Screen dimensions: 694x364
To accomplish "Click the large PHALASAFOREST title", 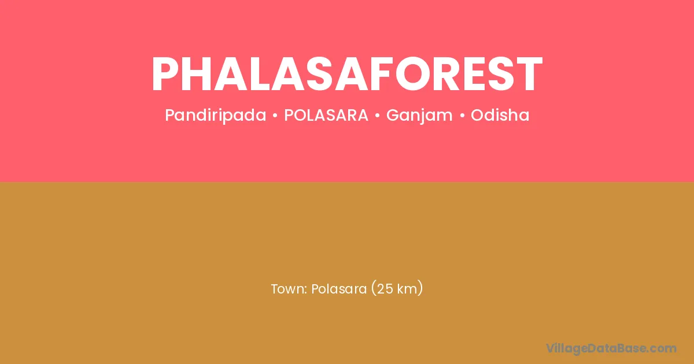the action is click(x=347, y=74).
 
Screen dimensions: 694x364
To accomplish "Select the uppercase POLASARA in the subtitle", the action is click(x=326, y=115).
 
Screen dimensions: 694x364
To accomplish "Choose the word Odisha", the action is click(x=500, y=115).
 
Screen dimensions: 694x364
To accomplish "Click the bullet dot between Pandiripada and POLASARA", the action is click(x=275, y=116).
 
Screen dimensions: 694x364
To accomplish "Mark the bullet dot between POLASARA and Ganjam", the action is click(x=377, y=116).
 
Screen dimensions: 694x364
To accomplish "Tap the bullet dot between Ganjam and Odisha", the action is click(x=463, y=116).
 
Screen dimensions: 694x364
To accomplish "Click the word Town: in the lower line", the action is click(x=289, y=289).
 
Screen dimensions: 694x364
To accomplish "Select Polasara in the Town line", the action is click(x=339, y=289).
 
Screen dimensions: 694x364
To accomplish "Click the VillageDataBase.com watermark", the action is click(x=611, y=349).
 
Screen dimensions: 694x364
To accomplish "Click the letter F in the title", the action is click(x=383, y=74).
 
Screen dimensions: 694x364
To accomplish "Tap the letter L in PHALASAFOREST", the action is click(x=262, y=74).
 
